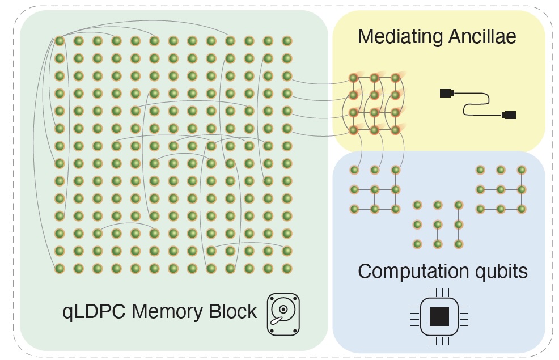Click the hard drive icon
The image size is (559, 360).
click(x=283, y=313)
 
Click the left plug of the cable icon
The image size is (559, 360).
click(x=447, y=92)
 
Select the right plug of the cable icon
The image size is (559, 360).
click(x=509, y=115)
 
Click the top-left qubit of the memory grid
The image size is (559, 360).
click(x=60, y=41)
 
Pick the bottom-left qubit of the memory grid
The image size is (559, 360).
click(x=60, y=268)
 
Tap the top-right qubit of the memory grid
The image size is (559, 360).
click(x=287, y=41)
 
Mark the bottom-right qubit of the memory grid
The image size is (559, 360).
click(x=287, y=268)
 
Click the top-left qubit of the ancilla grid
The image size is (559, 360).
click(x=354, y=78)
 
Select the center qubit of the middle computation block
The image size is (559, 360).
click(x=438, y=225)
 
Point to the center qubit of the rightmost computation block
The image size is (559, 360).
click(x=501, y=189)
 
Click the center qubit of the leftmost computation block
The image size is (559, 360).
click(x=375, y=189)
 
